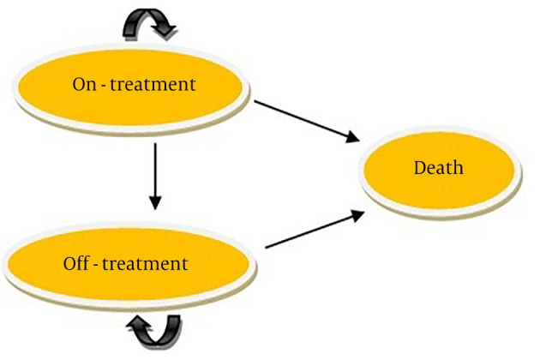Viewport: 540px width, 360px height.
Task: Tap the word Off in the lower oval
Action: point(76,263)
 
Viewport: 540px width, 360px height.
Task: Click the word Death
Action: point(438,168)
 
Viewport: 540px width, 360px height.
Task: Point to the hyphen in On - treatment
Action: point(107,86)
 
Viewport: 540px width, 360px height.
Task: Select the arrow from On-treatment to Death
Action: point(305,119)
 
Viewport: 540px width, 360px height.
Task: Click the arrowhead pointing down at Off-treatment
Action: point(155,204)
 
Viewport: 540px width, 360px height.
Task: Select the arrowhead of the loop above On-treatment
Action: point(166,33)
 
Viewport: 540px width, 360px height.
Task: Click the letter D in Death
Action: point(420,168)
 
